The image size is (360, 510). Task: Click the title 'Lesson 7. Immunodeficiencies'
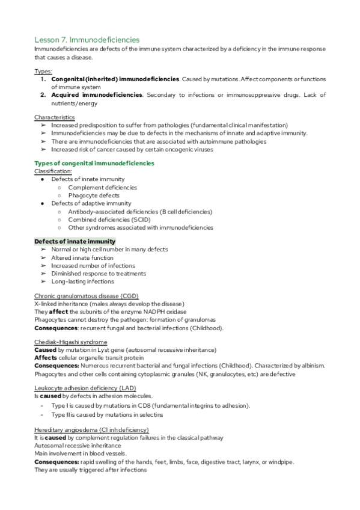(x=87, y=39)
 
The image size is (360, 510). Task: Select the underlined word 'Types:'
(x=43, y=71)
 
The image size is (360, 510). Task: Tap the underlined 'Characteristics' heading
(x=55, y=117)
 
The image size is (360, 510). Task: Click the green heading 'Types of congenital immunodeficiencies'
(x=94, y=164)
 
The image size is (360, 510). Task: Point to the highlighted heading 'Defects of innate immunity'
(x=75, y=242)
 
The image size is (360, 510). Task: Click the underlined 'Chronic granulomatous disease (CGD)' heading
(x=85, y=296)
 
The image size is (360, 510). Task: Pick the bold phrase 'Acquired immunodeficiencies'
(x=97, y=95)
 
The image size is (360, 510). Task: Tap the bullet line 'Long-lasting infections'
(x=82, y=281)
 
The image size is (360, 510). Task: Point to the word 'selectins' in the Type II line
(x=149, y=414)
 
